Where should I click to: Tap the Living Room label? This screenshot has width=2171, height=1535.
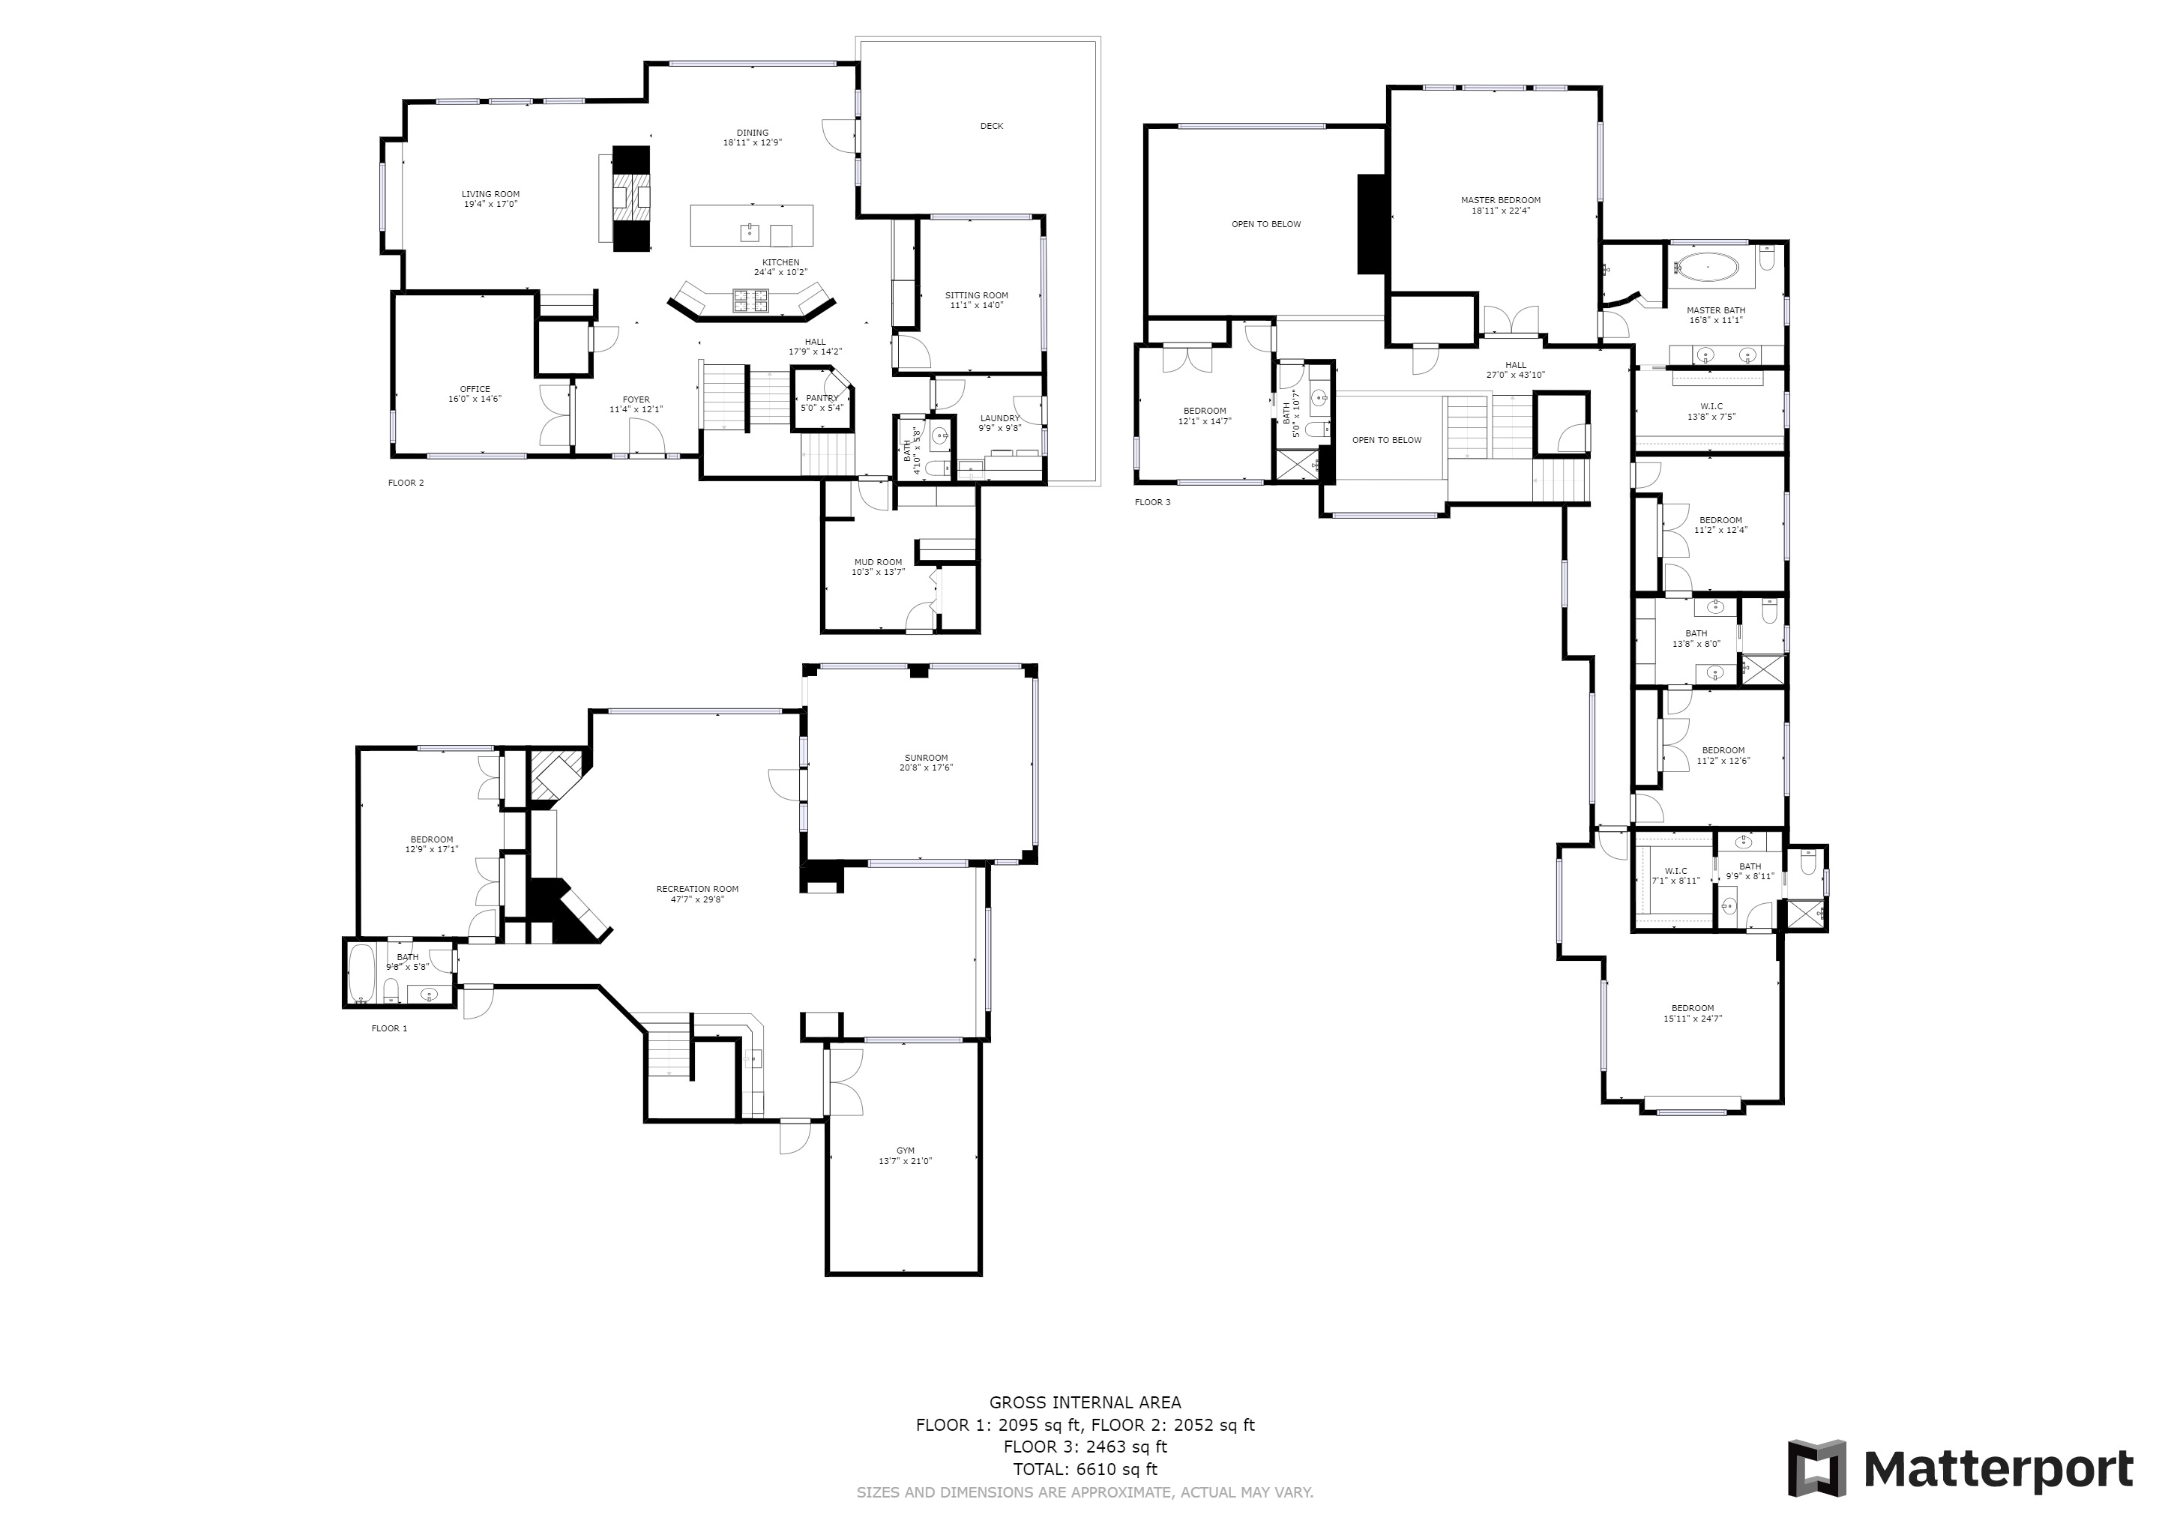491,199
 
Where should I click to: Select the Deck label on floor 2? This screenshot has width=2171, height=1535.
991,127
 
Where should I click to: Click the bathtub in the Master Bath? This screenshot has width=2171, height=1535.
1707,268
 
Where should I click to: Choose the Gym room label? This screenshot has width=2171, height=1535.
905,1156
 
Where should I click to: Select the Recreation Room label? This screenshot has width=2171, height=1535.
698,894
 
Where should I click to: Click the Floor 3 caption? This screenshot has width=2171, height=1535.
1153,503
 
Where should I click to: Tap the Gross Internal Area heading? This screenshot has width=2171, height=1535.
1085,1402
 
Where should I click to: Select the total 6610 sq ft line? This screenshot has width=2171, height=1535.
1085,1470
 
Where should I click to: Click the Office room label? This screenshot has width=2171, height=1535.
475,394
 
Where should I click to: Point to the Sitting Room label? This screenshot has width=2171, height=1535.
977,301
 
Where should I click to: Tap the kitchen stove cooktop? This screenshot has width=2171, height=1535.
752,301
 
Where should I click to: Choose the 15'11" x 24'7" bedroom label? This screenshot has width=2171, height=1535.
1692,1013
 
